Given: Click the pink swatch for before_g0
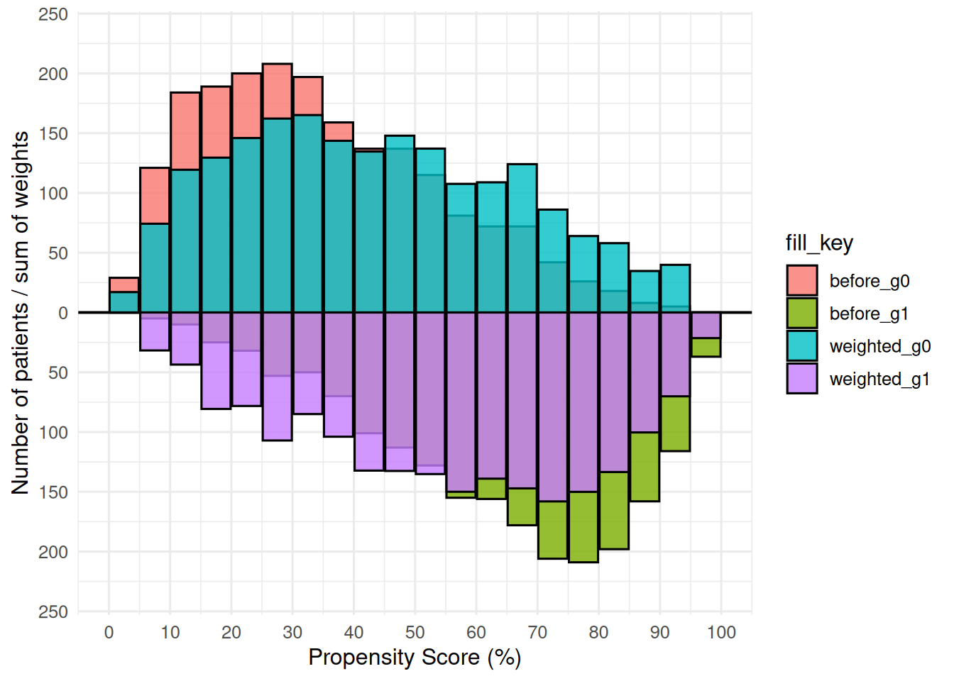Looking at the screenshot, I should pyautogui.click(x=801, y=281).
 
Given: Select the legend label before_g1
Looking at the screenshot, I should pyautogui.click(x=868, y=314).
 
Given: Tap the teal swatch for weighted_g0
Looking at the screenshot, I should pyautogui.click(x=801, y=346).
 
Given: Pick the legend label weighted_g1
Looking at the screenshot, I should pyautogui.click(x=879, y=379).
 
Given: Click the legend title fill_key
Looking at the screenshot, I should pyautogui.click(x=818, y=243).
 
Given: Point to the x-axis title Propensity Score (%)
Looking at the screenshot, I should pyautogui.click(x=415, y=658).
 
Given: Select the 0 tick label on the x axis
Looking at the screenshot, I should pyautogui.click(x=109, y=632).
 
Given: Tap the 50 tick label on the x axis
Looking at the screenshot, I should pyautogui.click(x=415, y=632).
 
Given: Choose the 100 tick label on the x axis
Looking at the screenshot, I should pyautogui.click(x=721, y=632).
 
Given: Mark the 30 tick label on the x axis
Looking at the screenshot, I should pyautogui.click(x=292, y=632).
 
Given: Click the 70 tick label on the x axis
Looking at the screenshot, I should pyautogui.click(x=537, y=632).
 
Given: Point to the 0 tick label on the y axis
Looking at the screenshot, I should pyautogui.click(x=63, y=313).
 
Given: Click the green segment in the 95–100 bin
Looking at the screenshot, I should pyautogui.click(x=706, y=347).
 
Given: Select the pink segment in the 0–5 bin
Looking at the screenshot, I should pyautogui.click(x=124, y=284).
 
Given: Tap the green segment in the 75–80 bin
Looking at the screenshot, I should pyautogui.click(x=583, y=526).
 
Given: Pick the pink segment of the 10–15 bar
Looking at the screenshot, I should pyautogui.click(x=185, y=131).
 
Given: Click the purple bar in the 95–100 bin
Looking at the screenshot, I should pyautogui.click(x=706, y=325).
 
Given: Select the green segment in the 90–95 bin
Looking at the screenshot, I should pyautogui.click(x=675, y=423).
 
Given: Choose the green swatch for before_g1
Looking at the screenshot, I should pyautogui.click(x=801, y=314).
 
